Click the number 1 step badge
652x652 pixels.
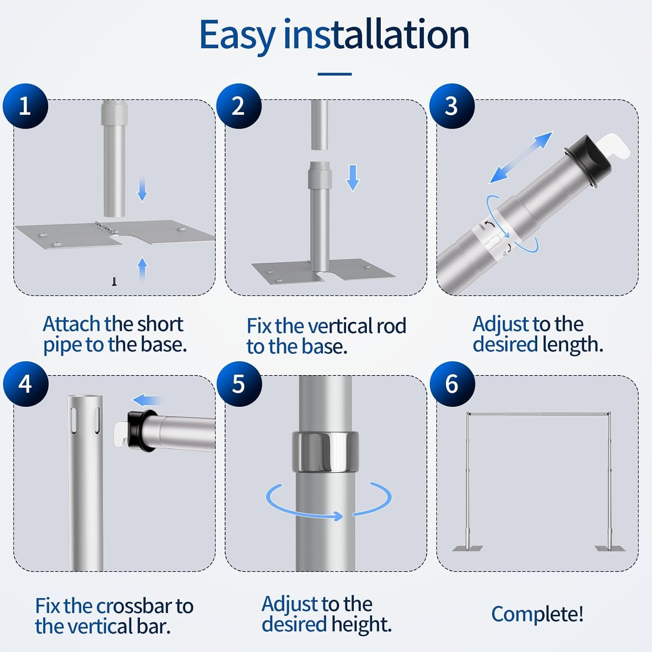25,106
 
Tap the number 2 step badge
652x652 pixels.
239,106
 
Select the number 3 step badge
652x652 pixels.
452,106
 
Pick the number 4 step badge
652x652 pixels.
26,384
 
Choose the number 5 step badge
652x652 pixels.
239,384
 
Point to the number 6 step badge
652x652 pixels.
452,384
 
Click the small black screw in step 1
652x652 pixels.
114,282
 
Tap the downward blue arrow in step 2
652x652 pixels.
353,178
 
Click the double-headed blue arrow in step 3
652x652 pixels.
521,157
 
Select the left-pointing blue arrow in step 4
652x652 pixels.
147,400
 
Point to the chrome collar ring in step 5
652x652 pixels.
325,452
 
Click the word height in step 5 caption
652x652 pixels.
361,625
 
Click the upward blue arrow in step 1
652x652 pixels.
142,268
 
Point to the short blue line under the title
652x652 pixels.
335,74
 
